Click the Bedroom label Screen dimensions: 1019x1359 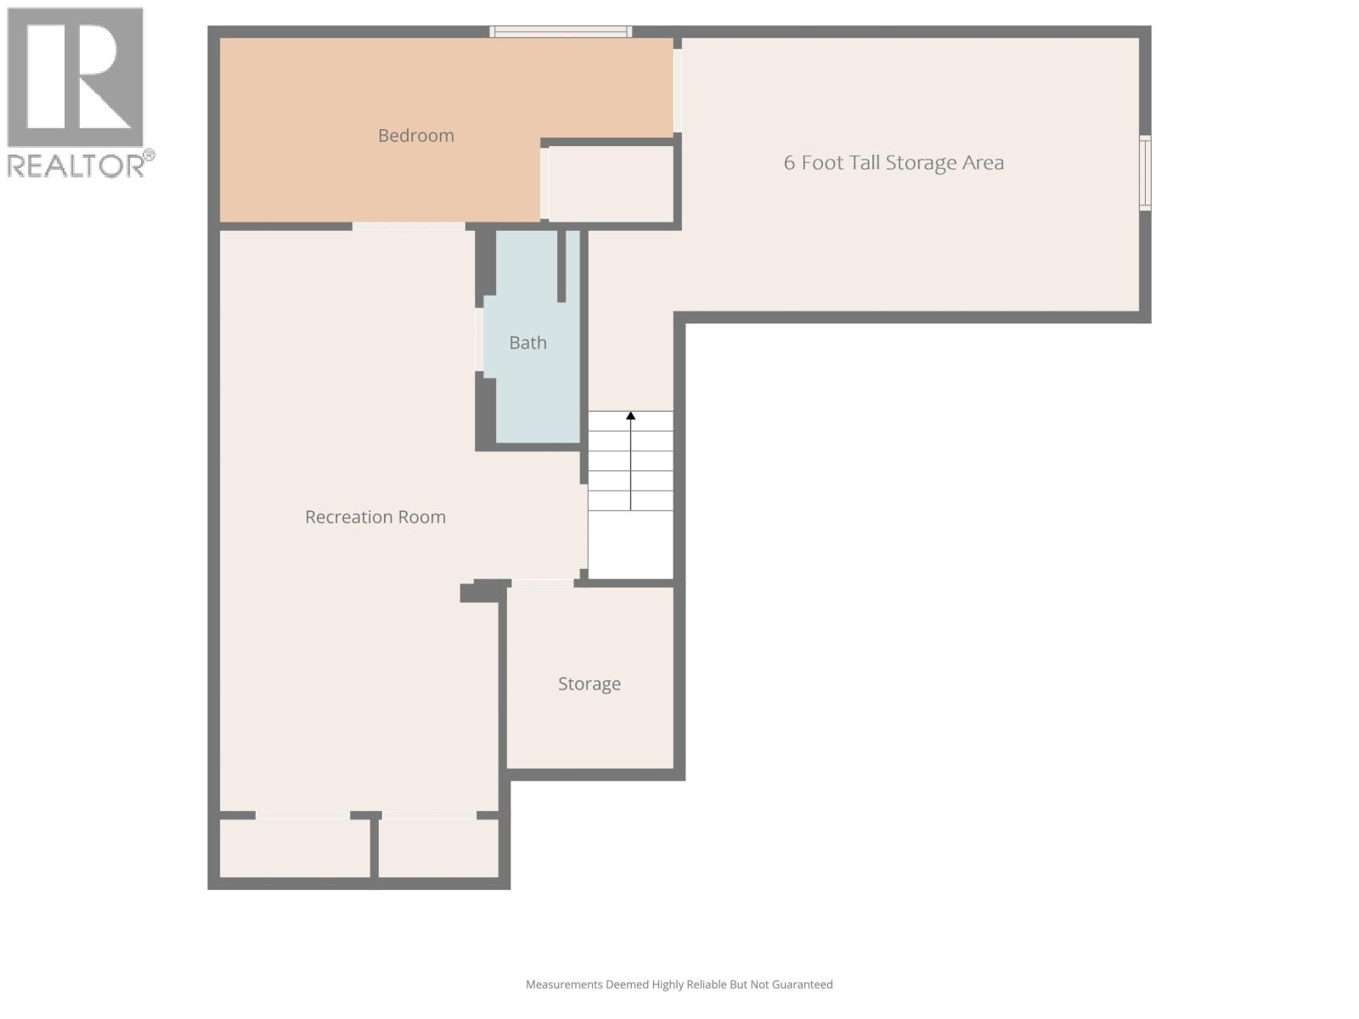click(x=415, y=136)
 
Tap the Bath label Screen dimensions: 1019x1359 click(x=527, y=343)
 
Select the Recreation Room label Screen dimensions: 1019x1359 click(x=375, y=517)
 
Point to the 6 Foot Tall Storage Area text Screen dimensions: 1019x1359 click(x=894, y=163)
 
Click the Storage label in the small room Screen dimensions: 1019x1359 click(x=589, y=684)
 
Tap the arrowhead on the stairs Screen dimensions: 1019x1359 click(x=630, y=416)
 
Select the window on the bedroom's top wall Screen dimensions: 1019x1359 click(x=561, y=32)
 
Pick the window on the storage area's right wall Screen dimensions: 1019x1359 click(x=1144, y=172)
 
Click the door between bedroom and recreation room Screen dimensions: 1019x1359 click(x=409, y=227)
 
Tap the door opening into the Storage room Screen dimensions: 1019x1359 click(x=543, y=583)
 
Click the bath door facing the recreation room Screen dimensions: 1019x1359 click(x=480, y=340)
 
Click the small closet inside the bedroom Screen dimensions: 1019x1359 click(x=611, y=184)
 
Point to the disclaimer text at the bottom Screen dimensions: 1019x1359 click(x=679, y=985)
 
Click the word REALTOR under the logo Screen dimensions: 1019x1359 click(x=77, y=166)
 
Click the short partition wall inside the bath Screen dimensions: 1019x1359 click(x=561, y=266)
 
